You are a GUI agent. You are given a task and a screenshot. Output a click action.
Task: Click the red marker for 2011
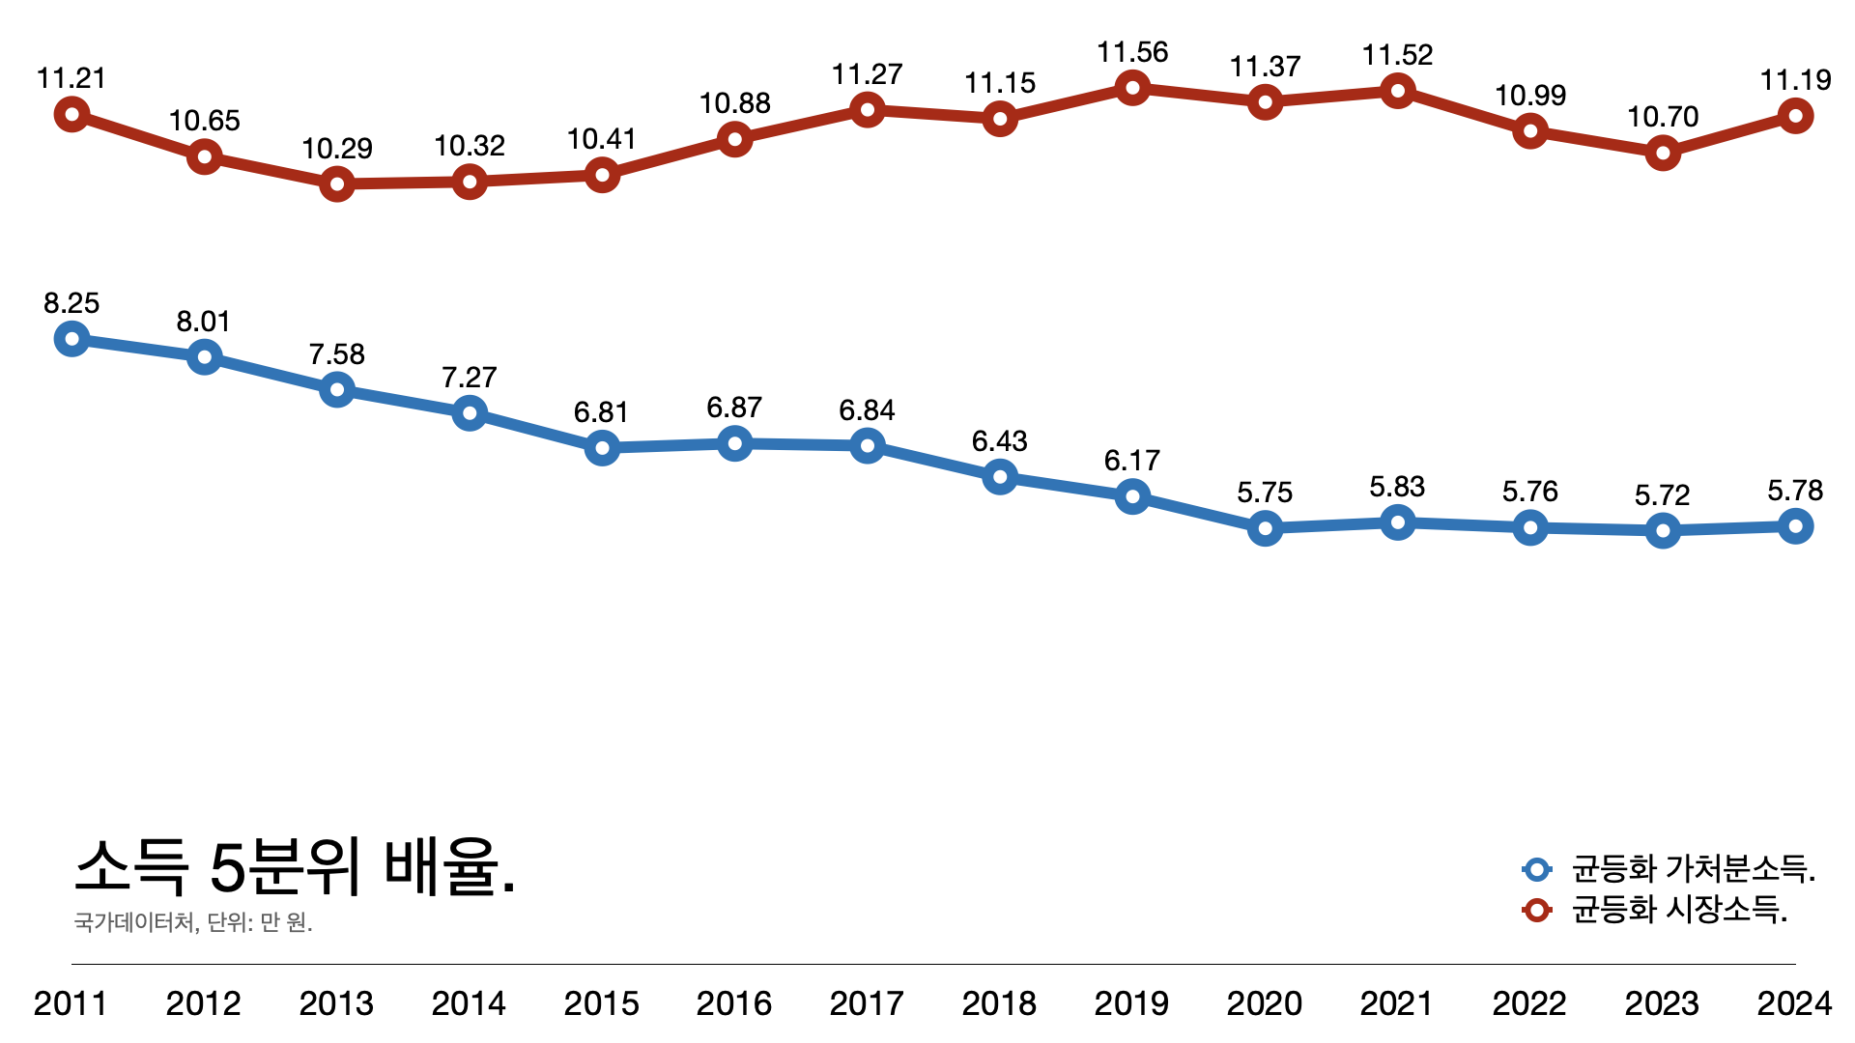(71, 114)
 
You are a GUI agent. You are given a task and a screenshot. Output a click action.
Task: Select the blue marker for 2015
(602, 447)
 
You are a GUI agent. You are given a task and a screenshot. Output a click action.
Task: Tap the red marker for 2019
(1132, 88)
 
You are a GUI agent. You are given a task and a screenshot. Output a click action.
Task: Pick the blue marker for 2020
(1265, 528)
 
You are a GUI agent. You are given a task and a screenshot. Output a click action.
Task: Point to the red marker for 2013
(336, 183)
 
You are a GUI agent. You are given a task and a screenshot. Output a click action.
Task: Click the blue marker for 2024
(1795, 526)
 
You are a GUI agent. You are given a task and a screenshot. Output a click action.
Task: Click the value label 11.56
(1132, 52)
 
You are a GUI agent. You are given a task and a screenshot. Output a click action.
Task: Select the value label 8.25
(71, 303)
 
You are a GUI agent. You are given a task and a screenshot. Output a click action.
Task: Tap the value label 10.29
(336, 149)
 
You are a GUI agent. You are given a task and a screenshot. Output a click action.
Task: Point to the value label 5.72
(1662, 495)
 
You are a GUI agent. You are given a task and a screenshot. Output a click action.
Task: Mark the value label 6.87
(734, 408)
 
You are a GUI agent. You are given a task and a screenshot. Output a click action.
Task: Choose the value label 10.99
(1530, 96)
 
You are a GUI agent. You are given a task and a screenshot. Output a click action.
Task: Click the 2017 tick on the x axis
(867, 1003)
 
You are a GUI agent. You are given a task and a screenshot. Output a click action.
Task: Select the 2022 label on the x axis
(1529, 1003)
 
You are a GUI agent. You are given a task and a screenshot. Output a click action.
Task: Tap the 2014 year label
(469, 1003)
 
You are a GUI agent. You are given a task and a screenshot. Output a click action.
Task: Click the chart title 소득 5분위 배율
(295, 866)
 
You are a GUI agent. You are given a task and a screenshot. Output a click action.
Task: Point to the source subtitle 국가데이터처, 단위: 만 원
(193, 922)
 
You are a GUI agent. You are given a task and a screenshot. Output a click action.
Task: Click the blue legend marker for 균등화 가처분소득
(1536, 869)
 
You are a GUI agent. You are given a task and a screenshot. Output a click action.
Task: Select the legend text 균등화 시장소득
(1679, 910)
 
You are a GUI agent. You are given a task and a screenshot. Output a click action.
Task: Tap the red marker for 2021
(1397, 91)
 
